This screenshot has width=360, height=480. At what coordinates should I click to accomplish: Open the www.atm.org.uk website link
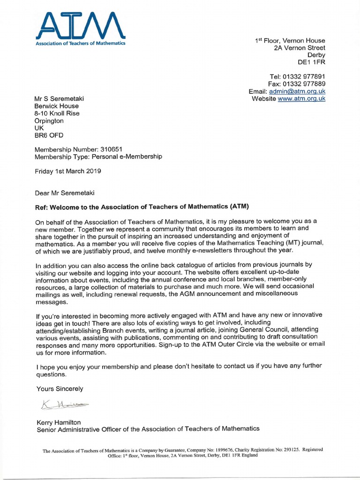tap(301, 99)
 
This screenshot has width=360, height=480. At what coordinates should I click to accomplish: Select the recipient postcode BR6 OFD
tap(49, 135)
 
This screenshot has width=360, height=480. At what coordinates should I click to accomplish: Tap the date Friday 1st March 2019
tap(68, 171)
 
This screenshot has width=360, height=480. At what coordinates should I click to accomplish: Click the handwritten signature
tap(59, 405)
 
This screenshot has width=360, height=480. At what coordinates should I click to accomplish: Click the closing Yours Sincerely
tap(60, 389)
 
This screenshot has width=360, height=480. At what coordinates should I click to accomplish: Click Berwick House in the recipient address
tap(57, 106)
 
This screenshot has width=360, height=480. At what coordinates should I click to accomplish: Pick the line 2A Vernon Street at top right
tap(300, 48)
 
